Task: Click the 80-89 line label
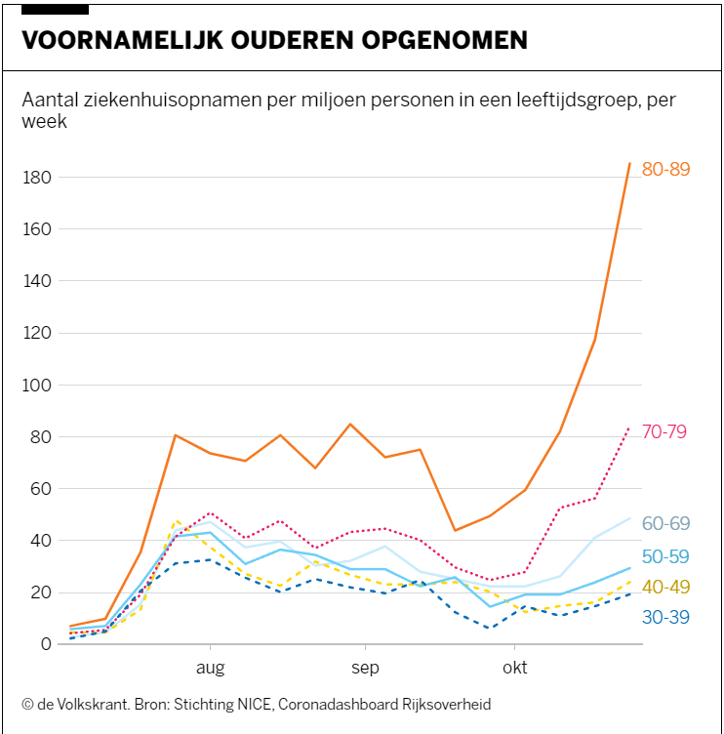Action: tap(665, 169)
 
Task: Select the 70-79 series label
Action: tap(665, 431)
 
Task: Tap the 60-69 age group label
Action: tap(665, 524)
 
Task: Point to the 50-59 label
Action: tap(665, 556)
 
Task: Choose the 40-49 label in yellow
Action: tap(665, 587)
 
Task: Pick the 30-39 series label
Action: tap(665, 617)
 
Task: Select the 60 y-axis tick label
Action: tap(42, 488)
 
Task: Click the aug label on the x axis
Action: tap(210, 668)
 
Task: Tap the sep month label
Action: tap(365, 668)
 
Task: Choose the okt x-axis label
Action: tap(514, 668)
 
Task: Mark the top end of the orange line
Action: tap(629, 164)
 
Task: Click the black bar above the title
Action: tap(55, 9)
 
